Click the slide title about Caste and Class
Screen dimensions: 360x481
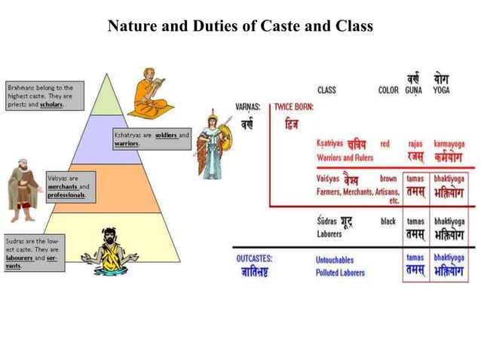click(x=240, y=26)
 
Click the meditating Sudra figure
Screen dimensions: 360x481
click(x=110, y=249)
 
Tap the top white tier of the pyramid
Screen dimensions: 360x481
click(x=111, y=98)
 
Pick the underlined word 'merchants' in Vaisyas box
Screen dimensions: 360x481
click(x=63, y=186)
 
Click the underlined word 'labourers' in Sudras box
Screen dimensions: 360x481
click(x=23, y=258)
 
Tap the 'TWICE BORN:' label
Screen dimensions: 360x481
click(x=293, y=107)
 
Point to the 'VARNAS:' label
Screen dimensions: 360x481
click(x=248, y=107)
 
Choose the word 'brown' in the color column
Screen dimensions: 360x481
click(x=388, y=179)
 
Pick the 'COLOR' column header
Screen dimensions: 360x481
click(x=388, y=90)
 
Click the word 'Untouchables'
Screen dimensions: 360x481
click(x=335, y=260)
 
